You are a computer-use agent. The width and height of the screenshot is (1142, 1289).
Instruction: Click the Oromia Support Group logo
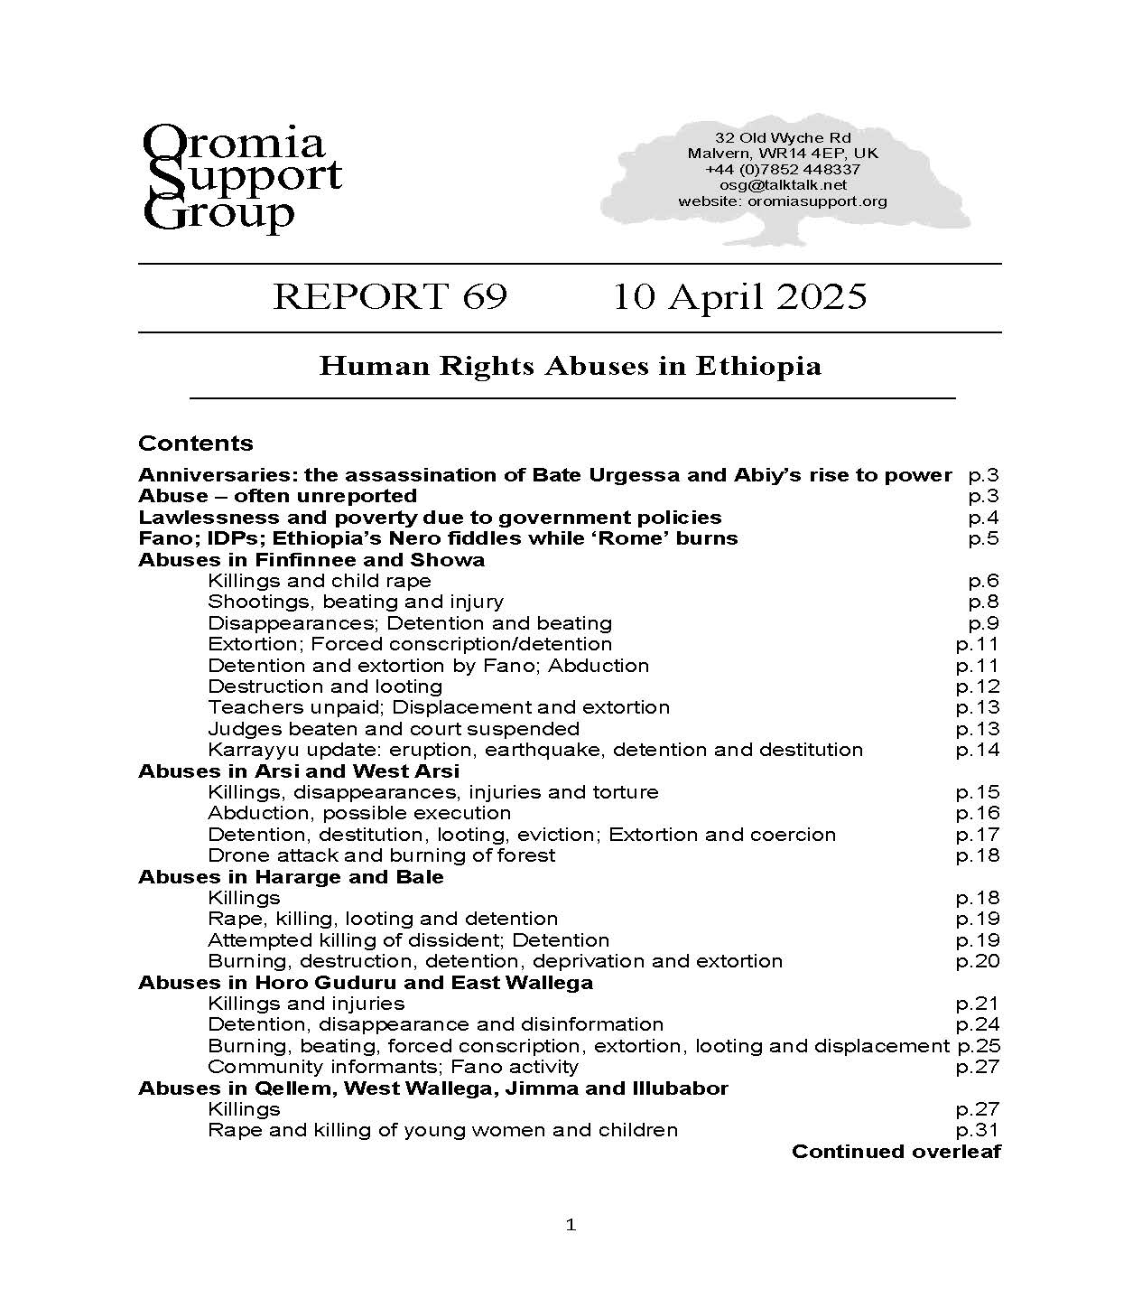tap(242, 178)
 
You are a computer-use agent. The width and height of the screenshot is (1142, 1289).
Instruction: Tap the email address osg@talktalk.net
tap(783, 185)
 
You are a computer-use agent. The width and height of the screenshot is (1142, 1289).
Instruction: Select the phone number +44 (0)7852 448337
tap(783, 169)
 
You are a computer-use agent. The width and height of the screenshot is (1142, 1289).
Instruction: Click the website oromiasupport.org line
tap(783, 201)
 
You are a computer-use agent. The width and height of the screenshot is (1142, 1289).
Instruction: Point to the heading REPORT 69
tap(389, 297)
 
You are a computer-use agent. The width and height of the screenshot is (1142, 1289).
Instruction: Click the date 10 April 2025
tap(739, 297)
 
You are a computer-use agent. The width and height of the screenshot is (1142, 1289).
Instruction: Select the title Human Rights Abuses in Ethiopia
tap(570, 367)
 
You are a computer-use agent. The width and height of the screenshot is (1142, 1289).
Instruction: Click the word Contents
tap(196, 444)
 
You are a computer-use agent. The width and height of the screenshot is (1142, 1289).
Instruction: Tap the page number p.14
tap(978, 750)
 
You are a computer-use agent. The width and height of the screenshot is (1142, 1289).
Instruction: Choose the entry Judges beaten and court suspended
tap(394, 729)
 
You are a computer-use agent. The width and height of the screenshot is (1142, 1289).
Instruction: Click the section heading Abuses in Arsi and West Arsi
tap(299, 771)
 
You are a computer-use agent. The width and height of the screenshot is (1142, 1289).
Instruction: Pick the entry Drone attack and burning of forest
tap(381, 855)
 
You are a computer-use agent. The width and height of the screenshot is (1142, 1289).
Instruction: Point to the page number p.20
tap(978, 961)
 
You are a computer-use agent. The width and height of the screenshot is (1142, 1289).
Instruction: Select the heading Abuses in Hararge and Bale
tap(291, 877)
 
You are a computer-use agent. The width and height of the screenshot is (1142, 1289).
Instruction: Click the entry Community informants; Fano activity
tap(393, 1067)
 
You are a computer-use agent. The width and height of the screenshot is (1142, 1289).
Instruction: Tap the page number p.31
tap(978, 1130)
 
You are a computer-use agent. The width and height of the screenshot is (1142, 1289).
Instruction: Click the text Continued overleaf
tap(896, 1152)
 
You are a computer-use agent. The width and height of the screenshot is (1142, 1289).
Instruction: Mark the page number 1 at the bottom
tap(570, 1226)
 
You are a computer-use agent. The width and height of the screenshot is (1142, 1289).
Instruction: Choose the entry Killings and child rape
tap(320, 581)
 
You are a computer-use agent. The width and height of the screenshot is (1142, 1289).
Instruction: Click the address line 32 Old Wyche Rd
tap(783, 137)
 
